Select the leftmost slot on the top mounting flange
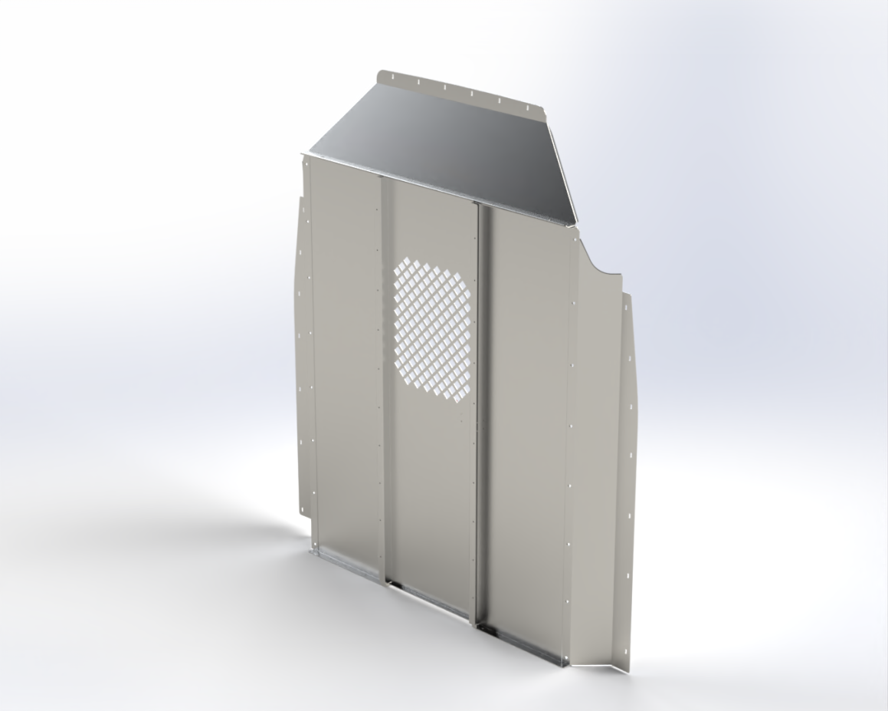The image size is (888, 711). (x=389, y=76)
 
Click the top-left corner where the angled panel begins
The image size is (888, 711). (x=305, y=156)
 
